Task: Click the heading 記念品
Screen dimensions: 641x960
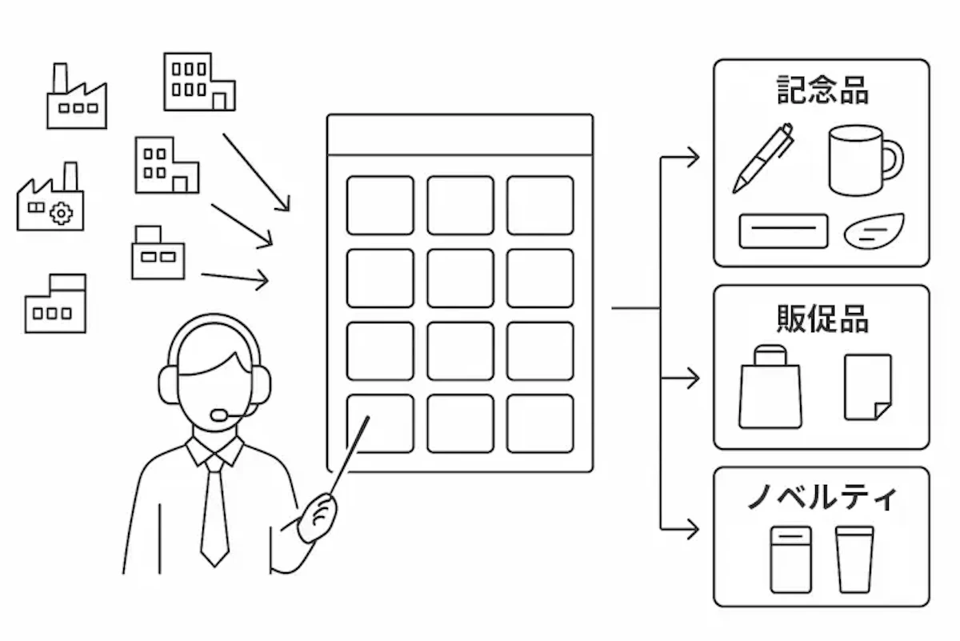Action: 822,90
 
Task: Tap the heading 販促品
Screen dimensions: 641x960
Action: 822,318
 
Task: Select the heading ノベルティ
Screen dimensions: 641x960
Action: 822,498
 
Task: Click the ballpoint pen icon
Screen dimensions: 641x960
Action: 762,158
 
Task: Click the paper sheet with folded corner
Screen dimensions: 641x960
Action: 867,387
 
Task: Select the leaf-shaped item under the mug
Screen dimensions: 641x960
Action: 874,230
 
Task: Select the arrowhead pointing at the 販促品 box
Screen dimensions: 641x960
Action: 693,378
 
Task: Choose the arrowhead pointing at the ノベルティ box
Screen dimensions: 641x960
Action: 693,528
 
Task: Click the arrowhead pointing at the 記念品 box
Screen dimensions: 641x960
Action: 693,158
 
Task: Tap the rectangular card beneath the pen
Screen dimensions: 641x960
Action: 783,230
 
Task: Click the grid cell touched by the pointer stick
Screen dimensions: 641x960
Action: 380,423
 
